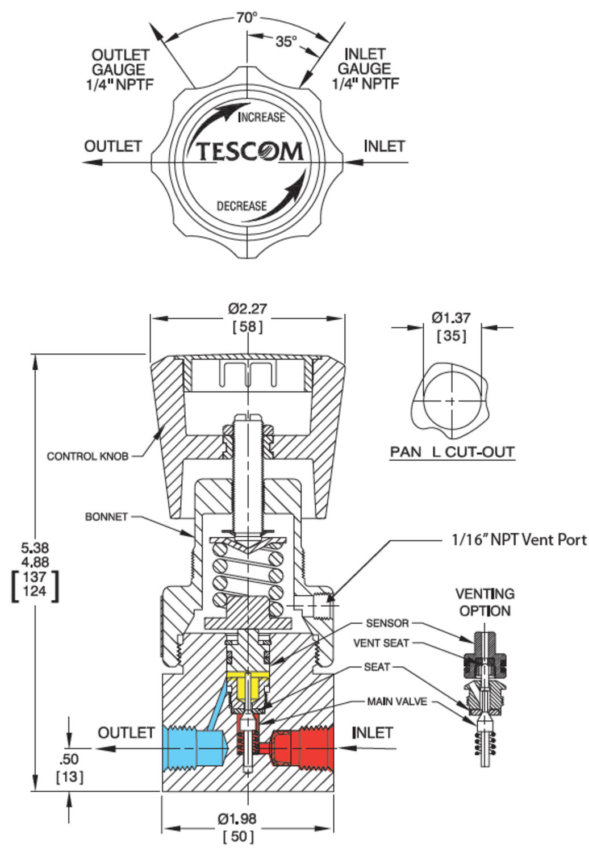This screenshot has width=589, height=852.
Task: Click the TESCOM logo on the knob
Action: [249, 152]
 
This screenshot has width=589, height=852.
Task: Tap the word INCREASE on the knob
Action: [261, 117]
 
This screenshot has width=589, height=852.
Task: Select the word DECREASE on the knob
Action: [241, 206]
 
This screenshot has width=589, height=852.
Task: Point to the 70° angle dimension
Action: [247, 18]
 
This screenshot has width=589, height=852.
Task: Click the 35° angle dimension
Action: [286, 41]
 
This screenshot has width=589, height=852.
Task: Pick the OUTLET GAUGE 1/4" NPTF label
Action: [120, 70]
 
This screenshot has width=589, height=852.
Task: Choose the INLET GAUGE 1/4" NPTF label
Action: [365, 69]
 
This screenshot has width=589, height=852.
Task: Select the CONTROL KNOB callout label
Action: [87, 456]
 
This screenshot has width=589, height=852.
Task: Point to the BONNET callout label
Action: [106, 517]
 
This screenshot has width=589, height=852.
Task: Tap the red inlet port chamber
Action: [301, 748]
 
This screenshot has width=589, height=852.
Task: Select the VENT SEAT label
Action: [381, 643]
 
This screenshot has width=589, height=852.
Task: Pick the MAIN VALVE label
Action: [396, 701]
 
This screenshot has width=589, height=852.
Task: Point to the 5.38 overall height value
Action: [35, 548]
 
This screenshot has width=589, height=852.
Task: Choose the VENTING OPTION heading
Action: [484, 602]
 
